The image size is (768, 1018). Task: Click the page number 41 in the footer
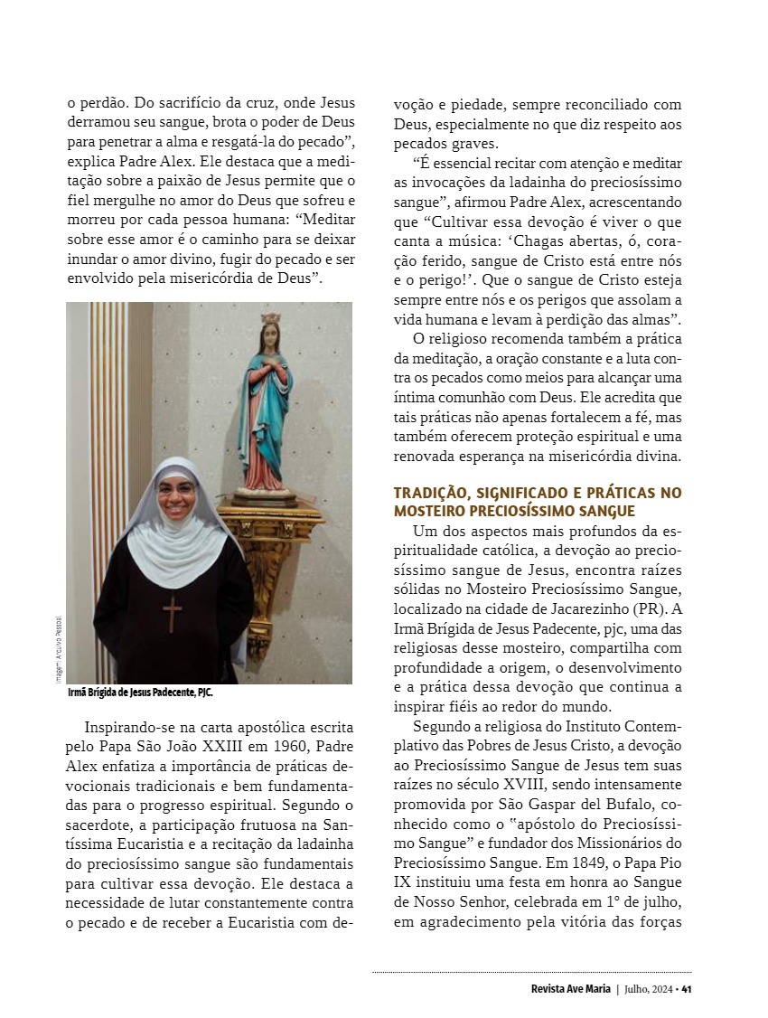pos(687,988)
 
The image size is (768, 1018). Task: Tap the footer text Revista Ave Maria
pos(571,988)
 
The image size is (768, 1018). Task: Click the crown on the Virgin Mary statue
pos(270,318)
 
